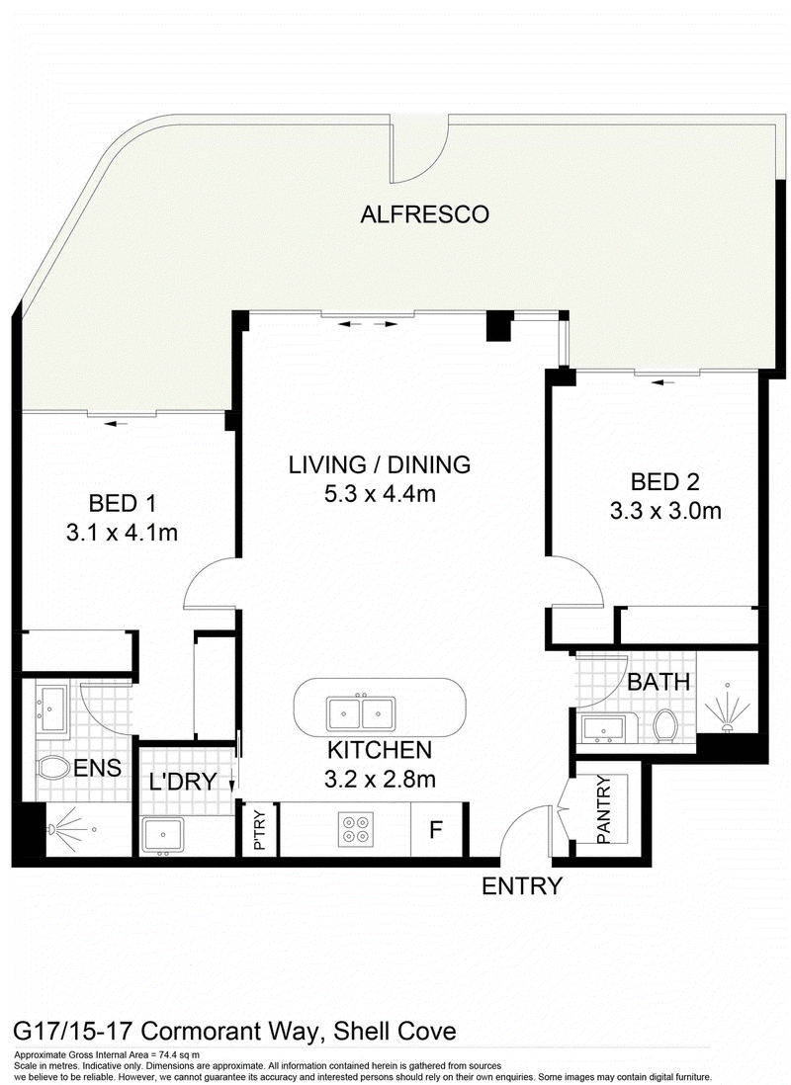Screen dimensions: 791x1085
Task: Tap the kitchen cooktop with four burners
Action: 356,828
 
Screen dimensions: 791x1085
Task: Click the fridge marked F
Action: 436,828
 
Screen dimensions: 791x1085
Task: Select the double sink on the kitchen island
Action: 361,712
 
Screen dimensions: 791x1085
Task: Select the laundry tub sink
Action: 163,835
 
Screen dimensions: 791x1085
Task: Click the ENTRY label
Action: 521,885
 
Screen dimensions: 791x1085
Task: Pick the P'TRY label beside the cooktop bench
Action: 260,829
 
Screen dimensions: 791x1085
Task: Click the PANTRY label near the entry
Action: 603,809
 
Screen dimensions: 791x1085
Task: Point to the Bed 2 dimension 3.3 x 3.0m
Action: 665,511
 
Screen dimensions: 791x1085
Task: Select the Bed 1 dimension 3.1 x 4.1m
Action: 122,532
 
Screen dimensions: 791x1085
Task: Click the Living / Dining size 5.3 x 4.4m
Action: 380,493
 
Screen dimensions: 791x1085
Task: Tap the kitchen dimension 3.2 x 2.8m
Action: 380,779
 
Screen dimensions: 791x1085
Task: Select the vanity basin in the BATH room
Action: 602,729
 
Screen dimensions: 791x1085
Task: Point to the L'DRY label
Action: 183,782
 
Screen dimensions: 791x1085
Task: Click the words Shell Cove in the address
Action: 395,1032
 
